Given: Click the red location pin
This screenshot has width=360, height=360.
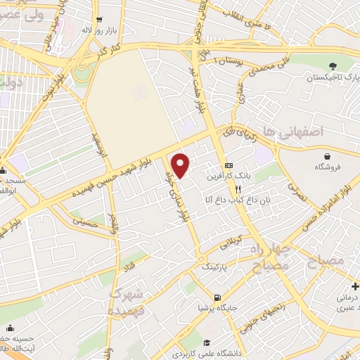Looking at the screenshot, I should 181,166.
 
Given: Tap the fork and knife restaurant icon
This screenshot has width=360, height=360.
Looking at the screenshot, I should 239,188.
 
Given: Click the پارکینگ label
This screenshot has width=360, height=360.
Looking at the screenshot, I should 214,266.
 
